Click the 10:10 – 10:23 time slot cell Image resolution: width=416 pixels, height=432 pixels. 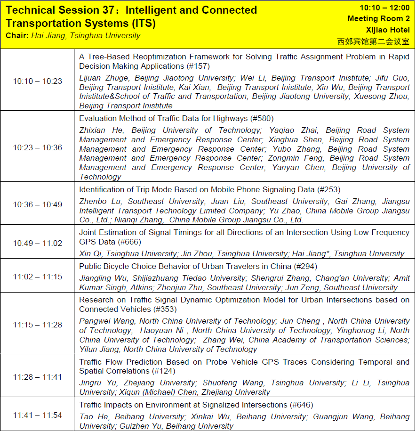point(37,81)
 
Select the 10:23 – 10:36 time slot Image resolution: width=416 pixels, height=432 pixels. point(37,147)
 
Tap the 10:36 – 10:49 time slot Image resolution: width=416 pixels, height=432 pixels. point(37,204)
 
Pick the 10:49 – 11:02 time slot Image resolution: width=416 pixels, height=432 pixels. point(37,243)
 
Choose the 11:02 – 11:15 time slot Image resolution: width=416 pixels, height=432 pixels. point(37,277)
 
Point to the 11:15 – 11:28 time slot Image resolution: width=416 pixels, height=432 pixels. point(37,325)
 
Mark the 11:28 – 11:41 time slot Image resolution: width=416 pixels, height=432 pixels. point(37,377)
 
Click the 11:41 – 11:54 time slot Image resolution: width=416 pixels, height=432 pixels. point(37,415)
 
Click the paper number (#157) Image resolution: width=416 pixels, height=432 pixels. point(198,66)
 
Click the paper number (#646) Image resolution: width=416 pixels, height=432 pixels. point(301,405)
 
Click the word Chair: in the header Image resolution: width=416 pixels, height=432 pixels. point(17,36)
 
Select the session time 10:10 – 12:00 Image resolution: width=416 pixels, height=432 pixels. point(384,8)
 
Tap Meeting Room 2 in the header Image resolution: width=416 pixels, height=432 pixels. point(378,19)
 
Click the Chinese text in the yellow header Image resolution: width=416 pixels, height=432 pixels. point(373,41)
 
